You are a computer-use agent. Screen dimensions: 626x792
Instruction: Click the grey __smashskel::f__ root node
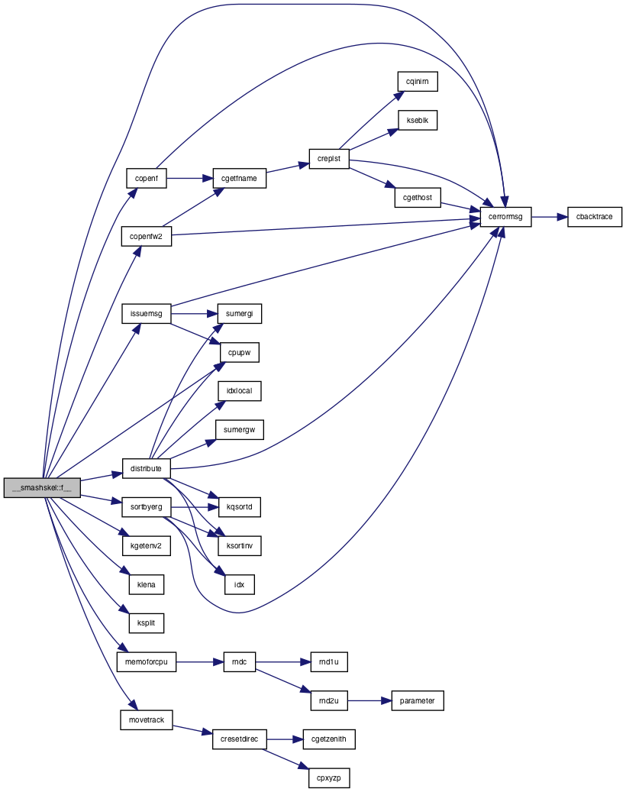click(42, 487)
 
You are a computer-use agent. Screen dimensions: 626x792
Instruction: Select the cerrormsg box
click(505, 217)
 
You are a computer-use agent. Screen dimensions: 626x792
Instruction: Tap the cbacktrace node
click(594, 217)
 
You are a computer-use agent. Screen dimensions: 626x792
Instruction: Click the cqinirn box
click(417, 81)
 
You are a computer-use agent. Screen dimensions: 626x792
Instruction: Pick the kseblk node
click(418, 120)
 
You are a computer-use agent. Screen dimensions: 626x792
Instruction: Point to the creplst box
click(328, 159)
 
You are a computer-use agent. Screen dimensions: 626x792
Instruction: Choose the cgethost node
click(418, 198)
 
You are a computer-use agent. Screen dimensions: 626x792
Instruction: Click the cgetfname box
click(239, 178)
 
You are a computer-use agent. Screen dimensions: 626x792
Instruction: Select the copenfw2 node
click(146, 237)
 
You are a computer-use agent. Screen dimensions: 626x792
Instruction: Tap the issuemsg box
click(147, 314)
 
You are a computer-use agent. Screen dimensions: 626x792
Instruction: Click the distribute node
click(146, 468)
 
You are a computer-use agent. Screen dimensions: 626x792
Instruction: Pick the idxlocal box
click(239, 391)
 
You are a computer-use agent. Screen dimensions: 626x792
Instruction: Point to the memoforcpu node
click(147, 661)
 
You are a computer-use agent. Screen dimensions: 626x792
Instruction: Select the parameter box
click(417, 700)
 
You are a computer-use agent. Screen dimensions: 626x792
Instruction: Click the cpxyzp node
click(328, 777)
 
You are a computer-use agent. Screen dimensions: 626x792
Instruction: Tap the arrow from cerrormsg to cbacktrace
click(549, 217)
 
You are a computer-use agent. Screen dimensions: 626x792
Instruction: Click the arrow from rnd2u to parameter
click(369, 700)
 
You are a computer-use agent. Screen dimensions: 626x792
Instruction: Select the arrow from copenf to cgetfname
click(190, 178)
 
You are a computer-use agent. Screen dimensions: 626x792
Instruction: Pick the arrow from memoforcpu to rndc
click(200, 661)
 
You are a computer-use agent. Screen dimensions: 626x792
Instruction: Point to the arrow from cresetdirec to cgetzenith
click(285, 739)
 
